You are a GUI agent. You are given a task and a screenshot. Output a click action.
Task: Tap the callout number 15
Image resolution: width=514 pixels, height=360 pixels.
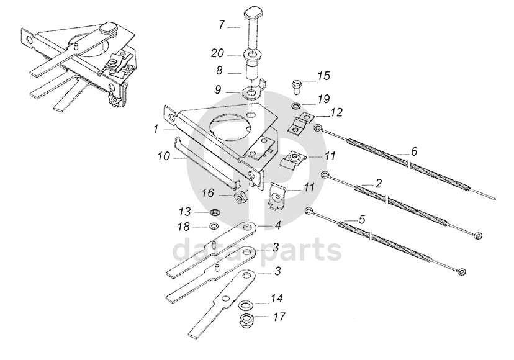324,76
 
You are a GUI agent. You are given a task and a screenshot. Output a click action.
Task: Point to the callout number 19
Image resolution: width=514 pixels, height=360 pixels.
324,99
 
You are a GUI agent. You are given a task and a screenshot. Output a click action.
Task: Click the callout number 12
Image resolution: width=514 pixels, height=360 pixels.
336,112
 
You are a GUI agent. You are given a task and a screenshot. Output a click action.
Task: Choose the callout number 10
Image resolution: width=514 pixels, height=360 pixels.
163,158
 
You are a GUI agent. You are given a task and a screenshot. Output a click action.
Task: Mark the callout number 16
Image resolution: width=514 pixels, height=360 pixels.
208,194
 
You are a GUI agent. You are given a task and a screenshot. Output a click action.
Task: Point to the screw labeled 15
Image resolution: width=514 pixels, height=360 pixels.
296,83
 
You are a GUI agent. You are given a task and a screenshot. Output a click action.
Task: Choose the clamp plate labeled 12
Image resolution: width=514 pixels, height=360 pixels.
301,122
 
